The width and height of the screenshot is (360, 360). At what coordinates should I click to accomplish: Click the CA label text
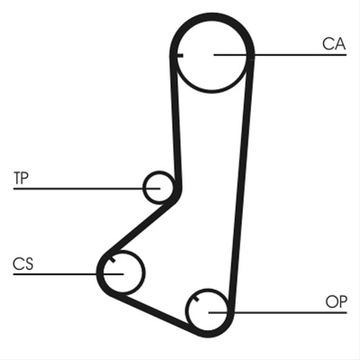(x=334, y=44)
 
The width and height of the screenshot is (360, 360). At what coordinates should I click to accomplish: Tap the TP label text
(x=21, y=178)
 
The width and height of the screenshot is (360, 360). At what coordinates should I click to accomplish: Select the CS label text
(x=23, y=264)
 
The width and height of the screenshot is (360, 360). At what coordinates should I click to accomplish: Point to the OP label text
(x=337, y=301)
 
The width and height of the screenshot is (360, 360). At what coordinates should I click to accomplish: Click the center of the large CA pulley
(x=211, y=55)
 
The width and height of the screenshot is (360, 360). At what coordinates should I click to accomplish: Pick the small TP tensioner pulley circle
(x=158, y=186)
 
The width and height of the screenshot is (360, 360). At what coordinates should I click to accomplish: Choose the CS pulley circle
(x=123, y=272)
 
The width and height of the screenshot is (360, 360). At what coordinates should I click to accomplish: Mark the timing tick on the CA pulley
(x=179, y=55)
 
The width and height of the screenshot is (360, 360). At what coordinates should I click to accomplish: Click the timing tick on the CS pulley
(x=112, y=259)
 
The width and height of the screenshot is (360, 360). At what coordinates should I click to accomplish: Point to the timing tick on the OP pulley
(x=196, y=298)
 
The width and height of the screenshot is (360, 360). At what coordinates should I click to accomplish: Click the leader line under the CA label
(x=280, y=55)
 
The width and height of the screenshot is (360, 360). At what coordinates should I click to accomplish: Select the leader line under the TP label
(x=86, y=188)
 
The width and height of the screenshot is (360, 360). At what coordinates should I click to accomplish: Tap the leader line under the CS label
(x=68, y=274)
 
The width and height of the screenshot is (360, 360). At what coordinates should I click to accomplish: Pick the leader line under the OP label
(x=278, y=312)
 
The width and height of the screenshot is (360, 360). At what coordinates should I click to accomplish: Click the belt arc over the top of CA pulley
(x=211, y=15)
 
